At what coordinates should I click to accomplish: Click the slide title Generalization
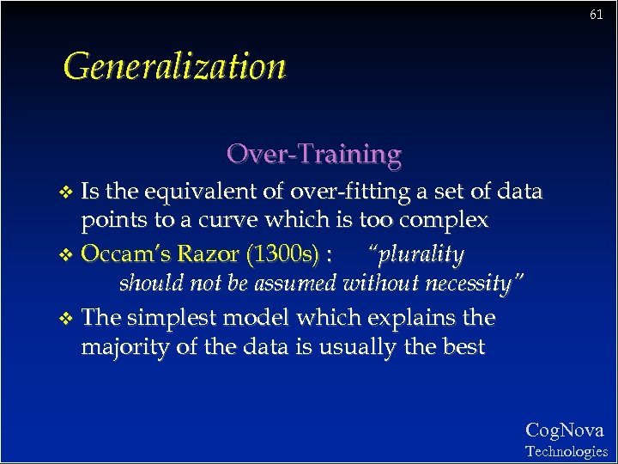pos(174,66)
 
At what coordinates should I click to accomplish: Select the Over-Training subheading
pos(313,154)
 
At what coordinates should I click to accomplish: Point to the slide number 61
pos(597,15)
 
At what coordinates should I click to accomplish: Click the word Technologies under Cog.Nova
pos(566,451)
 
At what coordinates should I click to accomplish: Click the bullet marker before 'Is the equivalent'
pos(69,192)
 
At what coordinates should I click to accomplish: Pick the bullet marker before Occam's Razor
pos(69,256)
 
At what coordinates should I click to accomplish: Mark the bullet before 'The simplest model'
pos(69,319)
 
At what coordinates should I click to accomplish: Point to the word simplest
pos(172,318)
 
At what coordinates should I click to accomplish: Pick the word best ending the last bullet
pos(463,347)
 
